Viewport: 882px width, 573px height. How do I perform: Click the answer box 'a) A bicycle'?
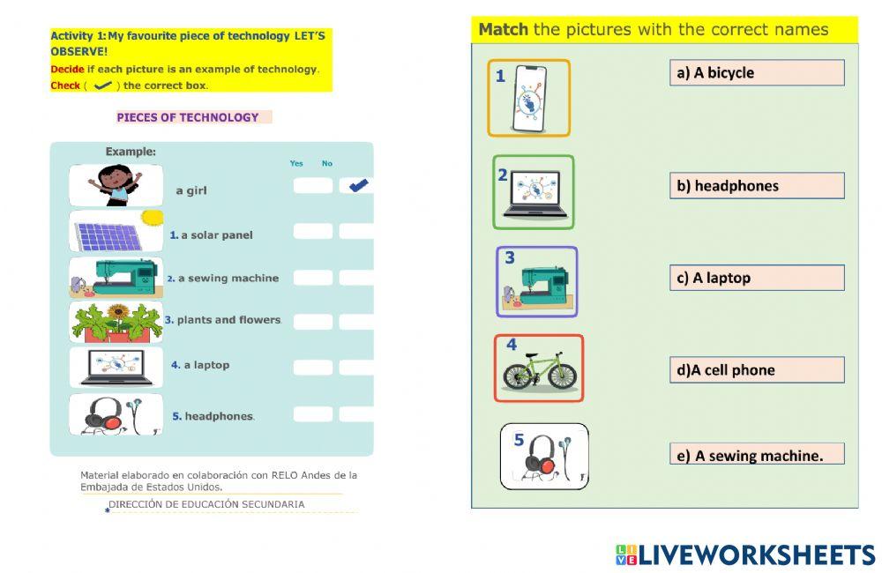tap(757, 72)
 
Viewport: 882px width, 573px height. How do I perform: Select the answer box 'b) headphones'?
tap(757, 185)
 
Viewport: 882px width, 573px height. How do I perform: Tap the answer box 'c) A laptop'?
tap(757, 278)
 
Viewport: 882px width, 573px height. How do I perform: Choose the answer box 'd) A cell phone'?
tap(757, 370)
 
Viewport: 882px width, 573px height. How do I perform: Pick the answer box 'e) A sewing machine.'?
tap(757, 455)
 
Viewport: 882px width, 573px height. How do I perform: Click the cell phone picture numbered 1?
tap(529, 98)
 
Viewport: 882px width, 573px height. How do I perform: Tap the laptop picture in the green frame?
tap(534, 192)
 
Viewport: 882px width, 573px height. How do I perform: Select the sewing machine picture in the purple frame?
tap(537, 282)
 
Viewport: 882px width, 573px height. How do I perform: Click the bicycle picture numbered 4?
tap(539, 368)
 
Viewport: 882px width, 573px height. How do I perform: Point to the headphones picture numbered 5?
tap(544, 457)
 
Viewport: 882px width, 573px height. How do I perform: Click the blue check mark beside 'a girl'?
tap(358, 185)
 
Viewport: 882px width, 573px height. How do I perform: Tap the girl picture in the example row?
tap(116, 185)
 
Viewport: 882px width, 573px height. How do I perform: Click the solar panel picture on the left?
tap(116, 232)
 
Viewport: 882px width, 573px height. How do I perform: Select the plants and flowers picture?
tap(116, 322)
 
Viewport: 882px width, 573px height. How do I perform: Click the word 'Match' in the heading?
tap(503, 29)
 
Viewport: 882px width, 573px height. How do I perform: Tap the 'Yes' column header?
tap(296, 163)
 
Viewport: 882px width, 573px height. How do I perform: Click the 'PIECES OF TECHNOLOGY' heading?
tap(188, 117)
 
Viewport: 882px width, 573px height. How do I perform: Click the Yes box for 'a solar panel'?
tap(313, 231)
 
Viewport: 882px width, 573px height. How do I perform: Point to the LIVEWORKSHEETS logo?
tap(745, 554)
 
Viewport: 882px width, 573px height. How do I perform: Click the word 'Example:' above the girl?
tap(131, 152)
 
